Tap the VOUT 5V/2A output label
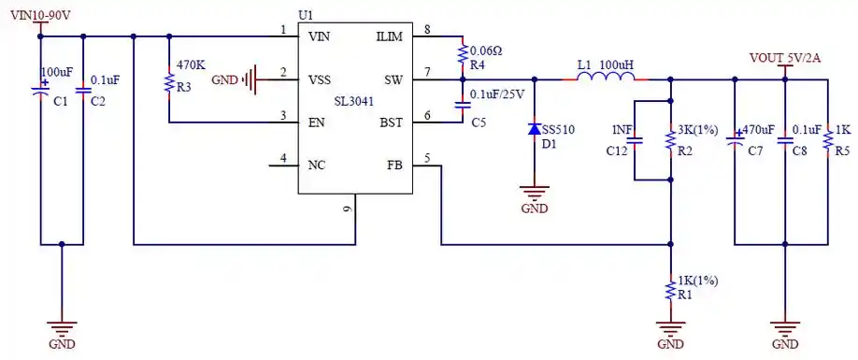coord(785,58)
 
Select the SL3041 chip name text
coord(356,100)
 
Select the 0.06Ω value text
coord(485,50)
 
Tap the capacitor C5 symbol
coord(463,106)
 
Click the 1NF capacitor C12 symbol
coord(635,141)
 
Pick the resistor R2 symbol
coord(669,139)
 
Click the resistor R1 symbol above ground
coord(669,289)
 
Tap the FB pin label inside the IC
coord(394,166)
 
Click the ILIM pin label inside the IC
coord(389,36)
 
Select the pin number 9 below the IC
coord(348,208)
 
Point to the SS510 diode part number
coord(559,128)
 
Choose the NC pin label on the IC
coord(317,166)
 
